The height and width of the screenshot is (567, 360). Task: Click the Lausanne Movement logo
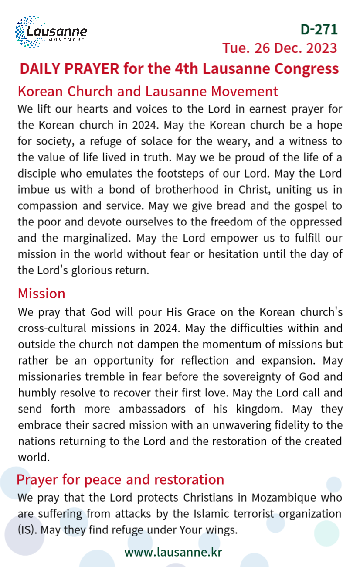coord(51,31)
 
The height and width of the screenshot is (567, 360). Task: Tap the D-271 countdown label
coord(319,29)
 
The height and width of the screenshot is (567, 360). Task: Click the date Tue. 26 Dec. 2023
coord(279,48)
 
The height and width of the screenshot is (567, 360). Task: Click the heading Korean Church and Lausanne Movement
coord(148,92)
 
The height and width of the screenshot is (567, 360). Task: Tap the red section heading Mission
coord(41,294)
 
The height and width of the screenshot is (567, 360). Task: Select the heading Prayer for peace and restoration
coord(120,479)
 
